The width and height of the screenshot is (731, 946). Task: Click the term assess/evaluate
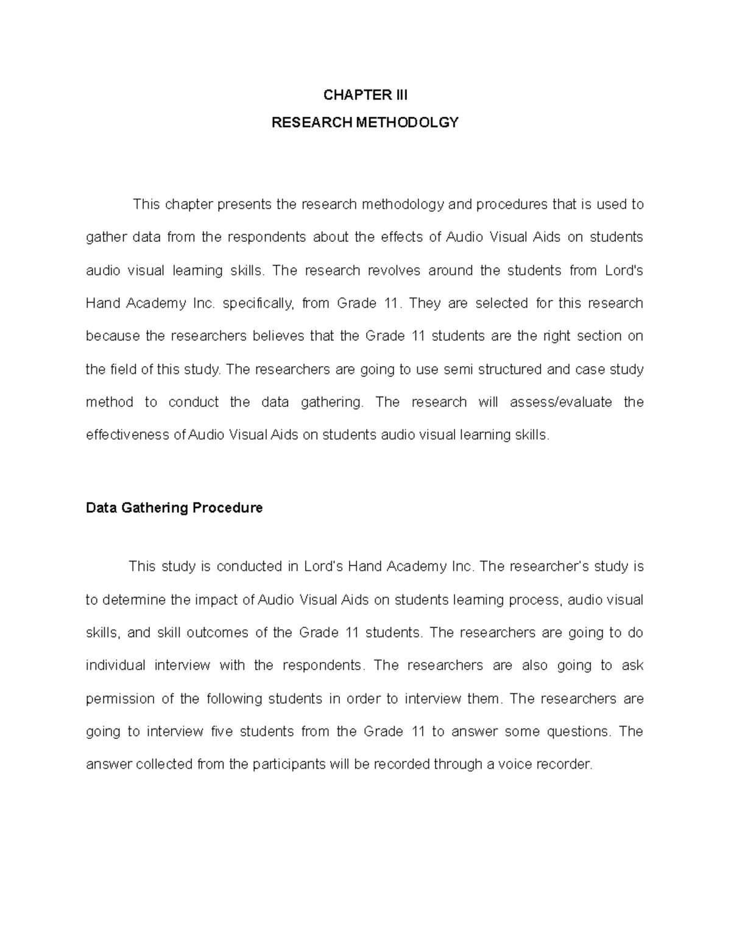pyautogui.click(x=561, y=403)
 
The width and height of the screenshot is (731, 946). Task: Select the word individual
pyautogui.click(x=116, y=666)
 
